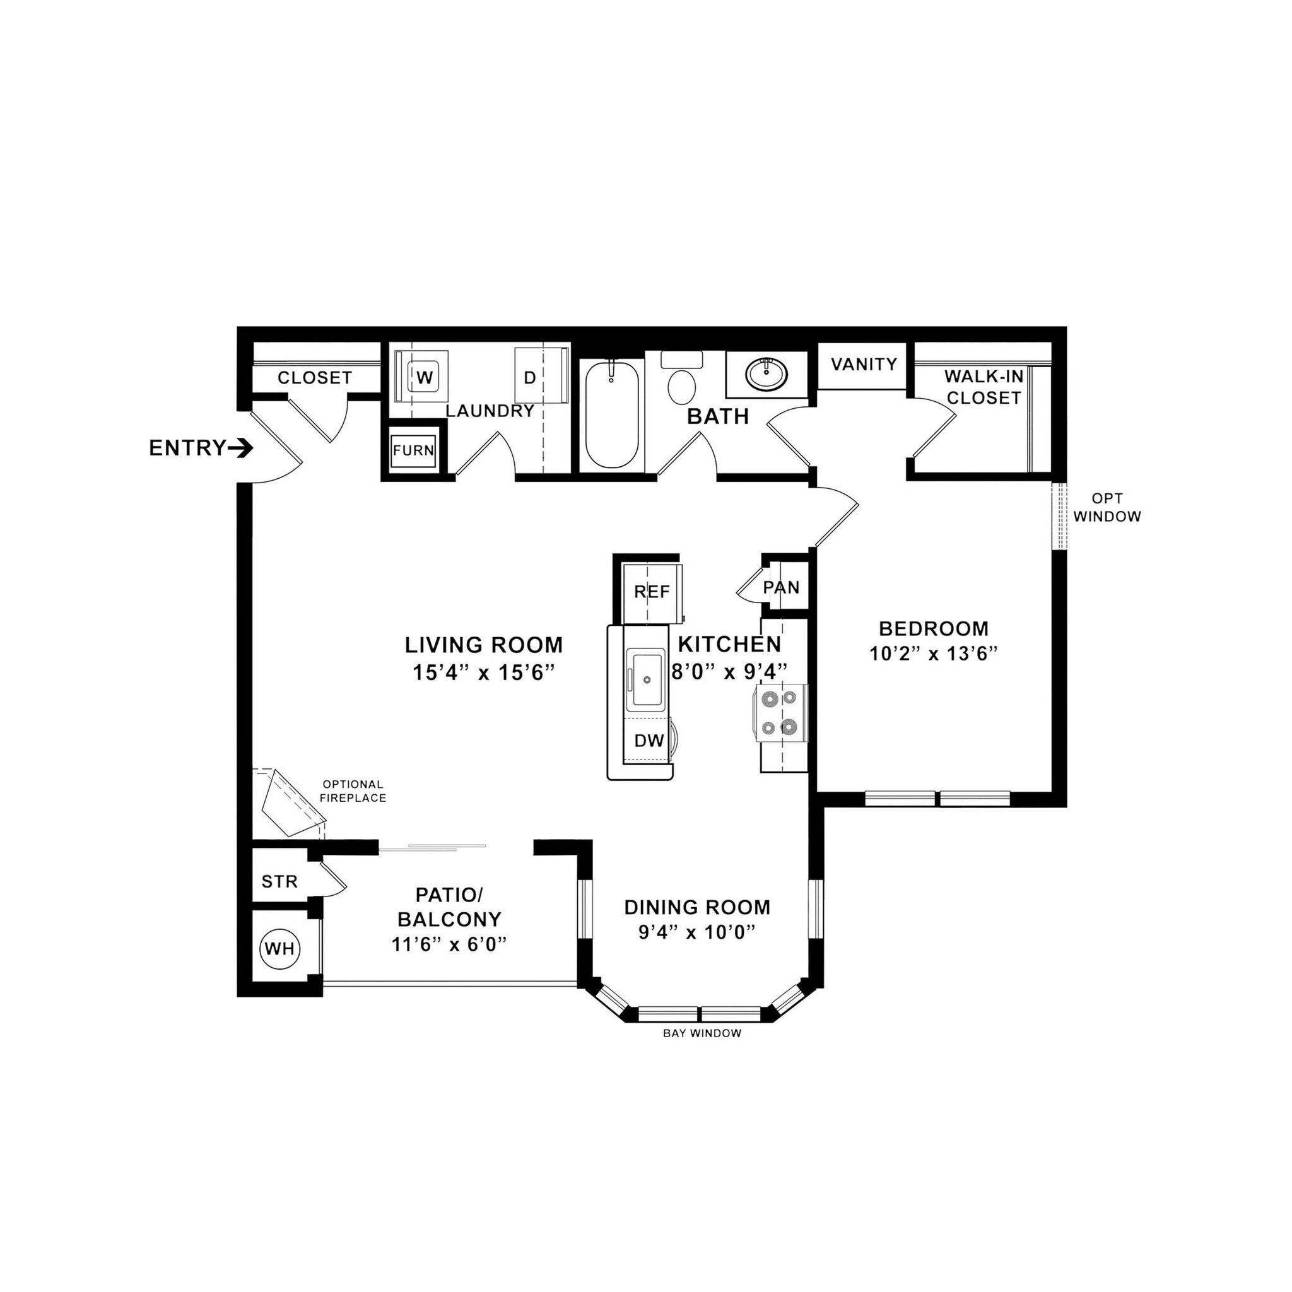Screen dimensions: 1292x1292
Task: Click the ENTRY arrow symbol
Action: [240, 449]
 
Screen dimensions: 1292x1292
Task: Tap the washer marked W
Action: [423, 377]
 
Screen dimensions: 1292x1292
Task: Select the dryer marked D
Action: [530, 378]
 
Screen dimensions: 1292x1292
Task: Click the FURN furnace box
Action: [413, 450]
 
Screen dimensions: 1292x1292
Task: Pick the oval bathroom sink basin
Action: [766, 375]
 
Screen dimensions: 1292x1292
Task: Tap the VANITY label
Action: [864, 365]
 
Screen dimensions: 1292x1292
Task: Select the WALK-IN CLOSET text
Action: [984, 387]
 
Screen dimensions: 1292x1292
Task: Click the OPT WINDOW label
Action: [1107, 508]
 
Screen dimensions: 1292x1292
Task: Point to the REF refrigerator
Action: [651, 592]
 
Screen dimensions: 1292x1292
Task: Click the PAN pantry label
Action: [781, 587]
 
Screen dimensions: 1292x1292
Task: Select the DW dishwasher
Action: [648, 740]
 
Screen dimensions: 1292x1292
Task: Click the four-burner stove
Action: [780, 712]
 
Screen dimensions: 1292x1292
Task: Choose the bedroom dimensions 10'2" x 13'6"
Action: [934, 654]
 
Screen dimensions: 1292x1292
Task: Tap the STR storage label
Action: [279, 881]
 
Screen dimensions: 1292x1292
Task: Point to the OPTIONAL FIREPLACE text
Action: [353, 791]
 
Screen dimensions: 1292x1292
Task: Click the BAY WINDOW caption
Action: [702, 1033]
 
